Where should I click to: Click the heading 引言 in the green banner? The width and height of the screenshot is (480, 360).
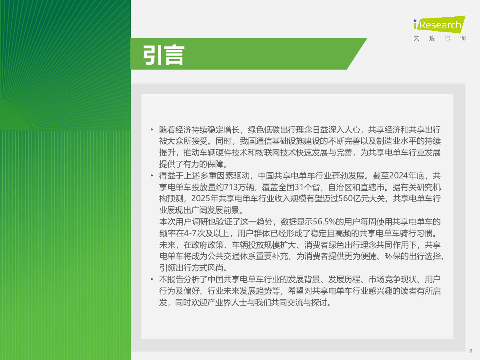coord(164,55)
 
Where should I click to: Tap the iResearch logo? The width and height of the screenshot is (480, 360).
coord(439,24)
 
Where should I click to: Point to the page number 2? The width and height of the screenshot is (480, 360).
coord(470,351)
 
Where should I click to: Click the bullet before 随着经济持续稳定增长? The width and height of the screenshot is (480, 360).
coord(152,130)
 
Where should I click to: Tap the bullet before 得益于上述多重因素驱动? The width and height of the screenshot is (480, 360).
coord(152,176)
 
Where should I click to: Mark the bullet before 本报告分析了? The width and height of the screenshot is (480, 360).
coord(152,279)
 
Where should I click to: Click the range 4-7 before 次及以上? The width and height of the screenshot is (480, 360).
coord(190,233)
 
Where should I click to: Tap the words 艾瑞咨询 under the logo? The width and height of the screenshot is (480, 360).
coord(440,38)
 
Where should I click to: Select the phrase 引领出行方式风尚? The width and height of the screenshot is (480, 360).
coord(191,268)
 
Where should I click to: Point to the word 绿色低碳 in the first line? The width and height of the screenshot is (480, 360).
coord(264,130)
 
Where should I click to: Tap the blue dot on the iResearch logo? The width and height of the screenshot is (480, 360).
coord(415,21)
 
